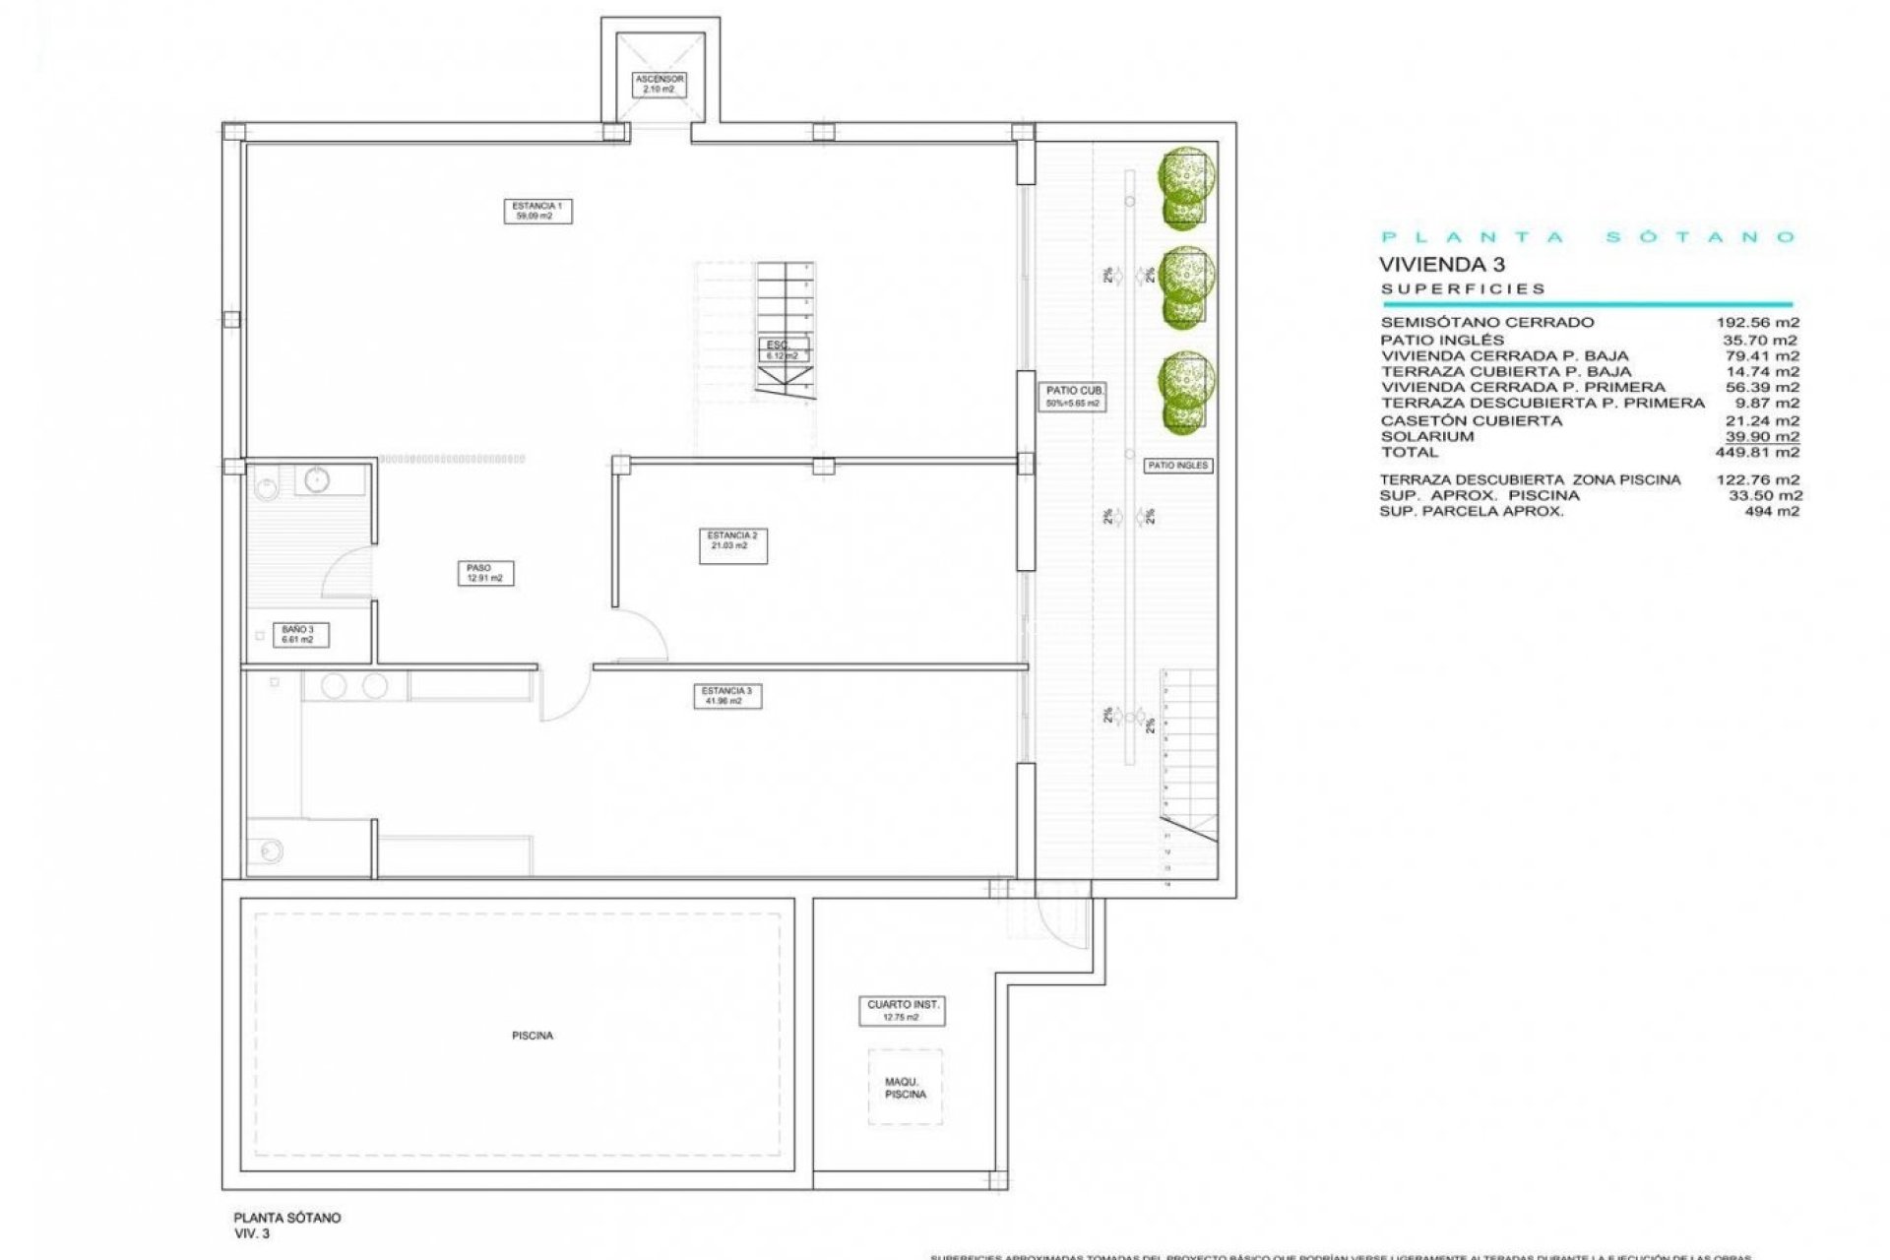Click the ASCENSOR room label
coord(659,84)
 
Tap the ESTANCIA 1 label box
coord(537,211)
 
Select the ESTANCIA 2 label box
coord(732,546)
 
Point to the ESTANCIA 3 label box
coord(726,696)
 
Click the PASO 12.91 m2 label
coord(484,573)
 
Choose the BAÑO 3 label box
coord(297,634)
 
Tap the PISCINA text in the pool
coord(532,1036)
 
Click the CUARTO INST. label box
coord(903,1011)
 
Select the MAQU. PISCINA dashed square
coord(905,1087)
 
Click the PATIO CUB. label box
coord(1074,397)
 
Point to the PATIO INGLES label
coord(1177,465)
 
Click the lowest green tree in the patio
coord(1185,393)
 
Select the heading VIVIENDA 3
coord(1441,264)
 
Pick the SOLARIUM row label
coord(1426,436)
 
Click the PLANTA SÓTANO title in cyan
coord(1588,237)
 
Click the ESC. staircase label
coord(784,349)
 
